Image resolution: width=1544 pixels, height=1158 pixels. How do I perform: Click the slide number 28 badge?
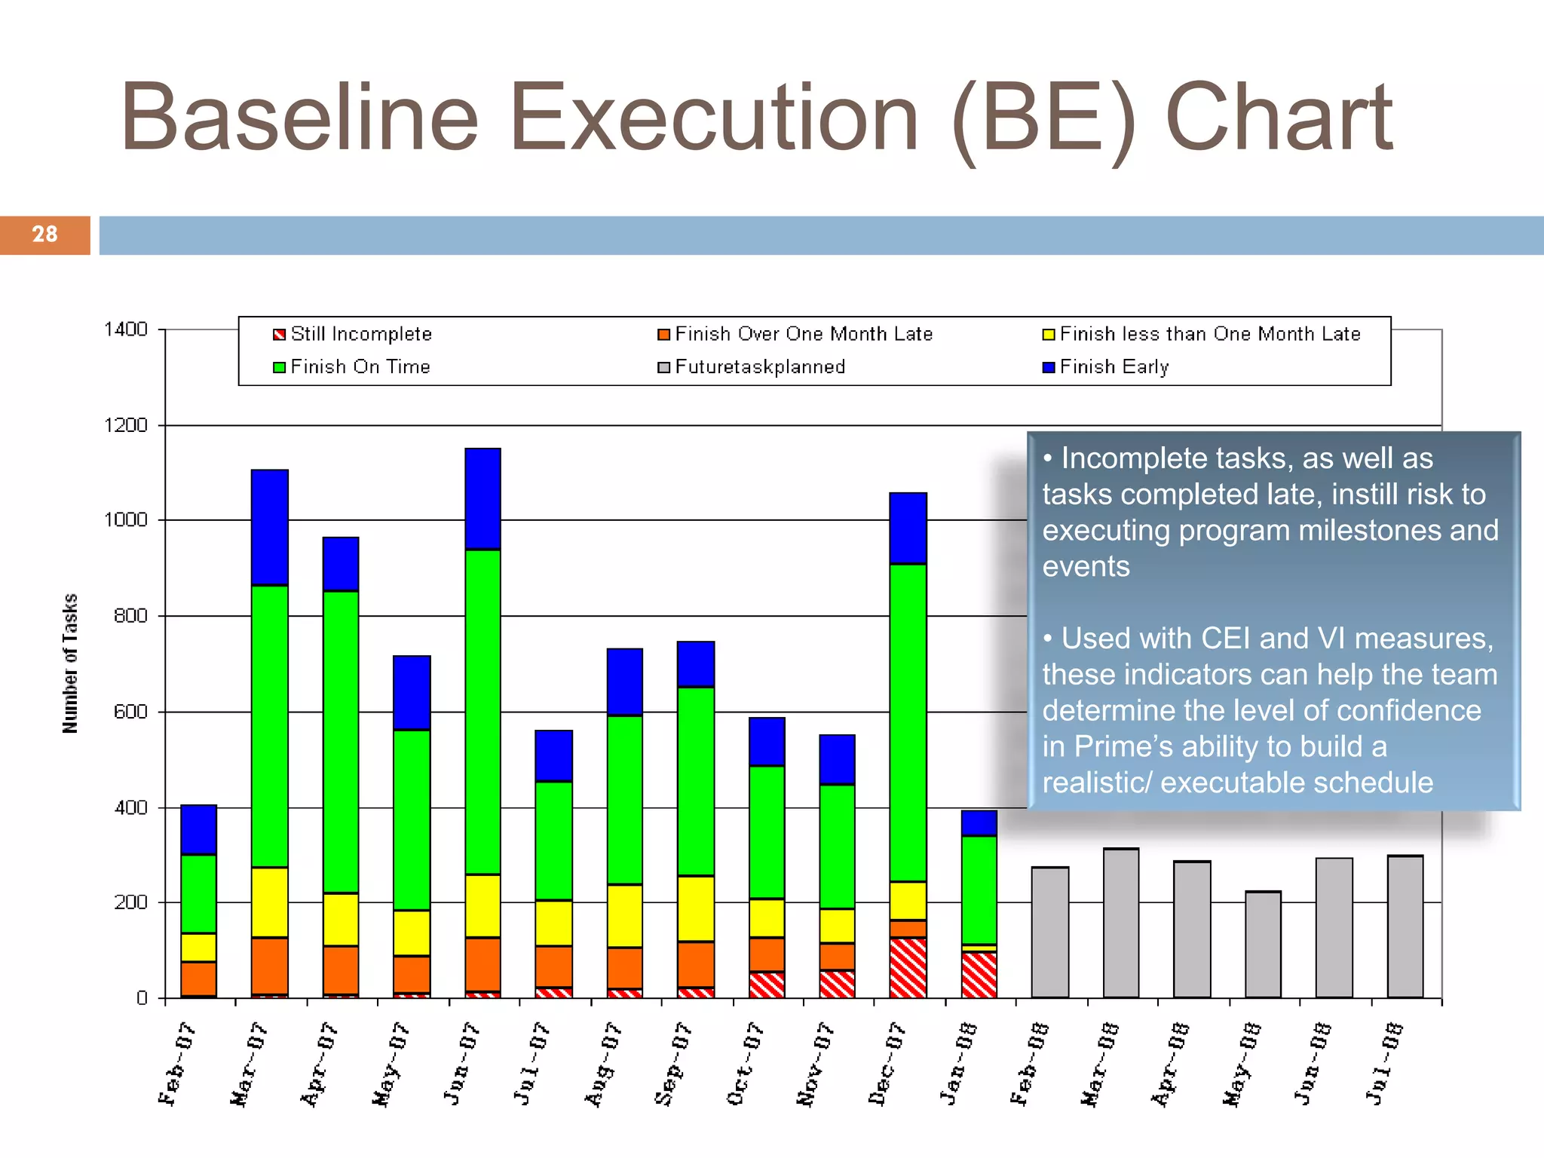pyautogui.click(x=44, y=234)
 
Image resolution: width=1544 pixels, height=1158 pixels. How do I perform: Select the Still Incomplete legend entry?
pyautogui.click(x=353, y=334)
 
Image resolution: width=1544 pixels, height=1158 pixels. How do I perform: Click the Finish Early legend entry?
pyautogui.click(x=1106, y=367)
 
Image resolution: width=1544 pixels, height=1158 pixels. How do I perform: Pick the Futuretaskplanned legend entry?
pyautogui.click(x=752, y=367)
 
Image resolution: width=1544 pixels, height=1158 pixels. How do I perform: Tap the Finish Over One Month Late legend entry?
pyautogui.click(x=795, y=334)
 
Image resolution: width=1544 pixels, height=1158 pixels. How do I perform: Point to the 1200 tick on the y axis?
pyautogui.click(x=125, y=425)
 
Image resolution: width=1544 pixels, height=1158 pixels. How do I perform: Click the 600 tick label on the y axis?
pyautogui.click(x=130, y=712)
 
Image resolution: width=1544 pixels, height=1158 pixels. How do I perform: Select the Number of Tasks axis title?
pyautogui.click(x=70, y=663)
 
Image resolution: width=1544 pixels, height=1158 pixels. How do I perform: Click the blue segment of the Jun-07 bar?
pyautogui.click(x=482, y=498)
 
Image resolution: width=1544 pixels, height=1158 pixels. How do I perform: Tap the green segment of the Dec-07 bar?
pyautogui.click(x=908, y=721)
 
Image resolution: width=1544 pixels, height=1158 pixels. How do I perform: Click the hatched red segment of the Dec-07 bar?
pyautogui.click(x=908, y=967)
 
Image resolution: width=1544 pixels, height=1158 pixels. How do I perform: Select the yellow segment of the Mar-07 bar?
pyautogui.click(x=269, y=902)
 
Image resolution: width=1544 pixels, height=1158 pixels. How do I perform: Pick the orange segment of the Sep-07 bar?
pyautogui.click(x=695, y=963)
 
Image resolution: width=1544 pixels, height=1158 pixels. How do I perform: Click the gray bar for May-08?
pyautogui.click(x=1263, y=945)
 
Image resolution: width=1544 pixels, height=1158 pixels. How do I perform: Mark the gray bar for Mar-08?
pyautogui.click(x=1120, y=923)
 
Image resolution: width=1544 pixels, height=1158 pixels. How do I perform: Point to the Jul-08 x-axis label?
pyautogui.click(x=1384, y=1064)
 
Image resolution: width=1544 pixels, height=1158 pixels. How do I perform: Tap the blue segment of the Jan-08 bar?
pyautogui.click(x=979, y=823)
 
